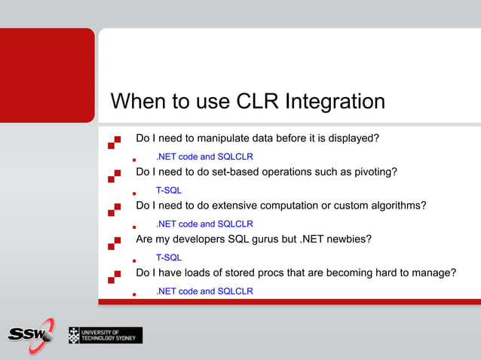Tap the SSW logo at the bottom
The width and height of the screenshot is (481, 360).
coord(30,334)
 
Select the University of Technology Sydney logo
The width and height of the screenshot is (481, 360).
coord(105,335)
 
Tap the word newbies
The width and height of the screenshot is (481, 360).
coord(345,239)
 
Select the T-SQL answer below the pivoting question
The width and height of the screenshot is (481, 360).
coord(168,191)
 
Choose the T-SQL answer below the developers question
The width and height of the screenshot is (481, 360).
coord(168,258)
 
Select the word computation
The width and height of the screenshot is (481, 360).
coord(299,206)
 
